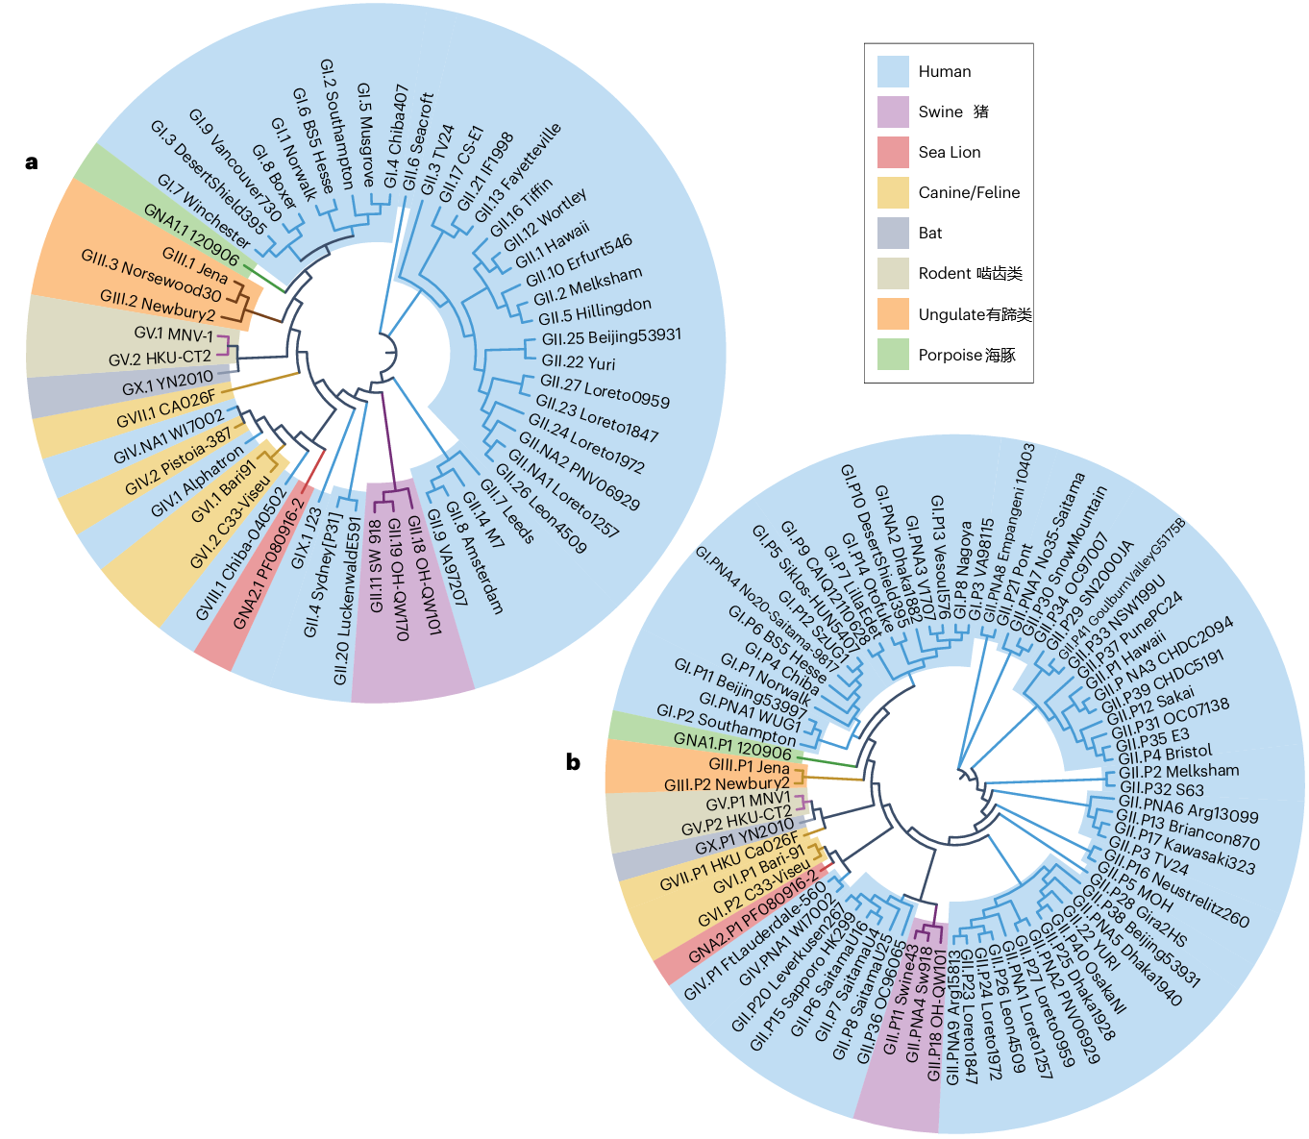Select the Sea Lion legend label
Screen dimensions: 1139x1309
(950, 152)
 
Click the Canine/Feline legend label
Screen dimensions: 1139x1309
(969, 192)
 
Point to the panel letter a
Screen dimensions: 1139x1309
(32, 162)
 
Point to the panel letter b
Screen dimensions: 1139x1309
(573, 763)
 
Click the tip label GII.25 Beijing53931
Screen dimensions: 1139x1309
(611, 336)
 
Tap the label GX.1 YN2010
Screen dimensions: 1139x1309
(167, 383)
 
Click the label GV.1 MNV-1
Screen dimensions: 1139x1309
(174, 334)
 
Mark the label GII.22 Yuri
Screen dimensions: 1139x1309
(579, 362)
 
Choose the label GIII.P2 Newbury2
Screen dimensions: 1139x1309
(727, 784)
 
